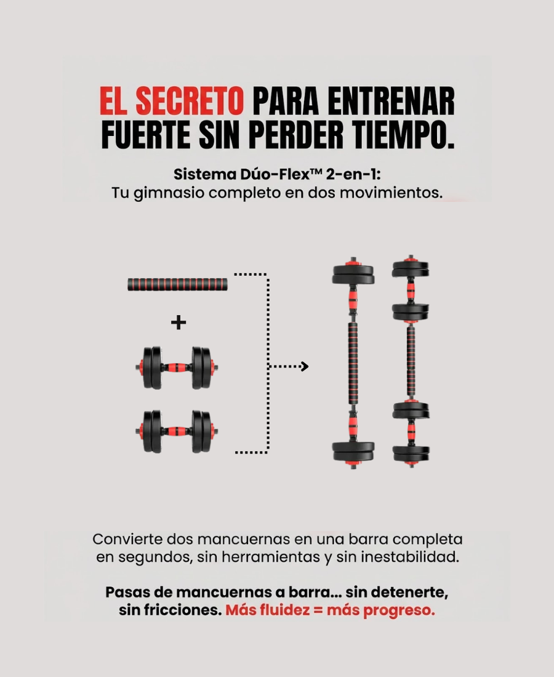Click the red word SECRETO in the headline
click(x=190, y=101)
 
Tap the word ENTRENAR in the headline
click(x=391, y=101)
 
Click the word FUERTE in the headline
click(x=145, y=135)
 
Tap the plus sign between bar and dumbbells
click(x=179, y=322)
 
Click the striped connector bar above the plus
click(x=177, y=284)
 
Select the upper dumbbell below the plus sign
click(x=177, y=368)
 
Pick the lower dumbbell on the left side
click(x=177, y=431)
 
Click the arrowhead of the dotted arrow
click(x=305, y=367)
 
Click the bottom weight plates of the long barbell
click(x=353, y=452)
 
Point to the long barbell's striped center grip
click(x=353, y=364)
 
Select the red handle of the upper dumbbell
click(x=177, y=368)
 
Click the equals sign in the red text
click(x=319, y=610)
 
